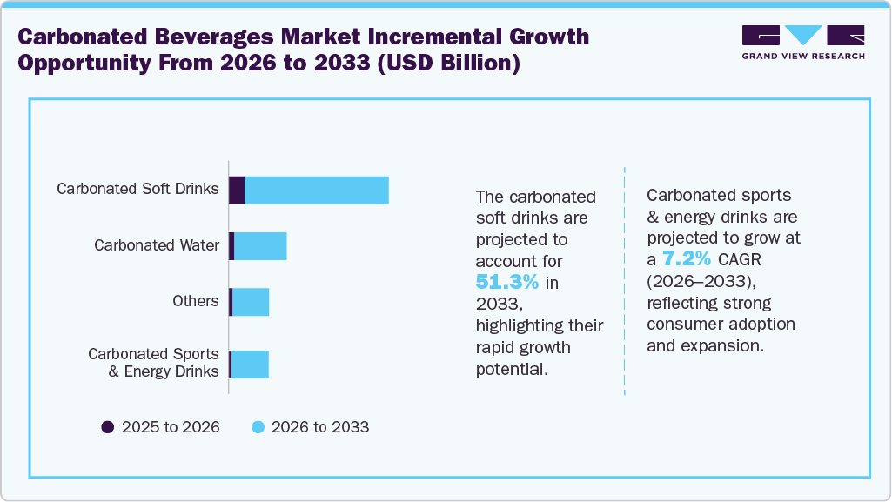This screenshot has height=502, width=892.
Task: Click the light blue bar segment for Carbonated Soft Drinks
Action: click(x=317, y=190)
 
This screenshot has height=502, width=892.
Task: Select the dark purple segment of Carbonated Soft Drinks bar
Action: click(x=237, y=190)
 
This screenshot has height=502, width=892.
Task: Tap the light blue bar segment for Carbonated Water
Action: click(x=260, y=246)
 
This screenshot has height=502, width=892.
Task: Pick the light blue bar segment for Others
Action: click(x=251, y=302)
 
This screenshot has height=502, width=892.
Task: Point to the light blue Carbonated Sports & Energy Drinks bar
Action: click(x=250, y=365)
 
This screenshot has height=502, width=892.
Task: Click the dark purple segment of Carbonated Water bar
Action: click(x=231, y=246)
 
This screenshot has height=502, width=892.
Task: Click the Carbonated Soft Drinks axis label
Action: click(x=137, y=189)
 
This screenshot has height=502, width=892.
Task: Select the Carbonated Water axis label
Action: click(x=157, y=245)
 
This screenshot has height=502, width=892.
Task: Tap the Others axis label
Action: click(x=196, y=301)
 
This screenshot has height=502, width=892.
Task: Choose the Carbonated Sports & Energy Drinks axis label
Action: click(x=153, y=363)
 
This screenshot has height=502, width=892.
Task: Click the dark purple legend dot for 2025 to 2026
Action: click(x=108, y=427)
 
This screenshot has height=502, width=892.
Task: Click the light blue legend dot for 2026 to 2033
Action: click(x=258, y=427)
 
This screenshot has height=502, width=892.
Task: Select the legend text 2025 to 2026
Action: click(x=171, y=427)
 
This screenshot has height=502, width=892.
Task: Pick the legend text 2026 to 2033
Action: click(x=320, y=427)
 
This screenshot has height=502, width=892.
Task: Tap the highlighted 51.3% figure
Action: click(x=507, y=282)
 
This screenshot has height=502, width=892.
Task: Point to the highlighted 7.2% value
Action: click(x=687, y=259)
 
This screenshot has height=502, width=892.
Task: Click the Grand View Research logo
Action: click(x=803, y=42)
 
